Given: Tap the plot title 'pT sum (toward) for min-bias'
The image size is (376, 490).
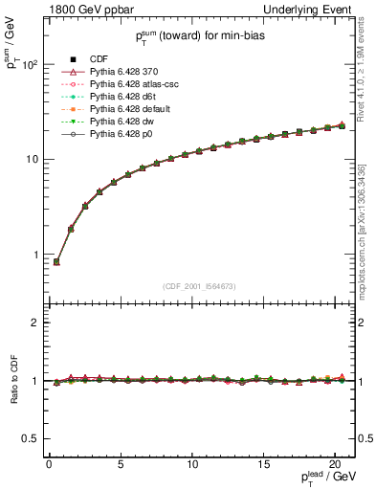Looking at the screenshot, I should (x=199, y=37).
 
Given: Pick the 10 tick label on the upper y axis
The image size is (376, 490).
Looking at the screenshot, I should (x=29, y=159).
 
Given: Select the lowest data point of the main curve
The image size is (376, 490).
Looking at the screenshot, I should (x=56, y=261).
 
